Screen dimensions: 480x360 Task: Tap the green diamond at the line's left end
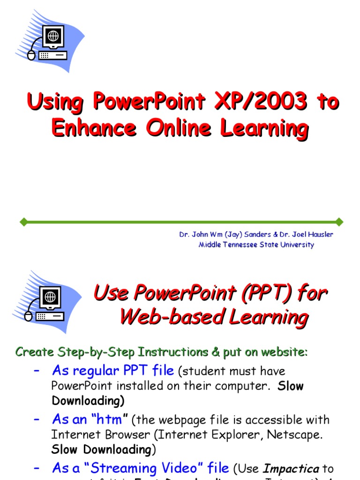(x=22, y=221)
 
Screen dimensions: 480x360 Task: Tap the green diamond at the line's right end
(x=339, y=221)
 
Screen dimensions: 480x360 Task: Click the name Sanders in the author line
(x=258, y=234)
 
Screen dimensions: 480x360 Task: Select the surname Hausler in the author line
(x=319, y=234)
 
